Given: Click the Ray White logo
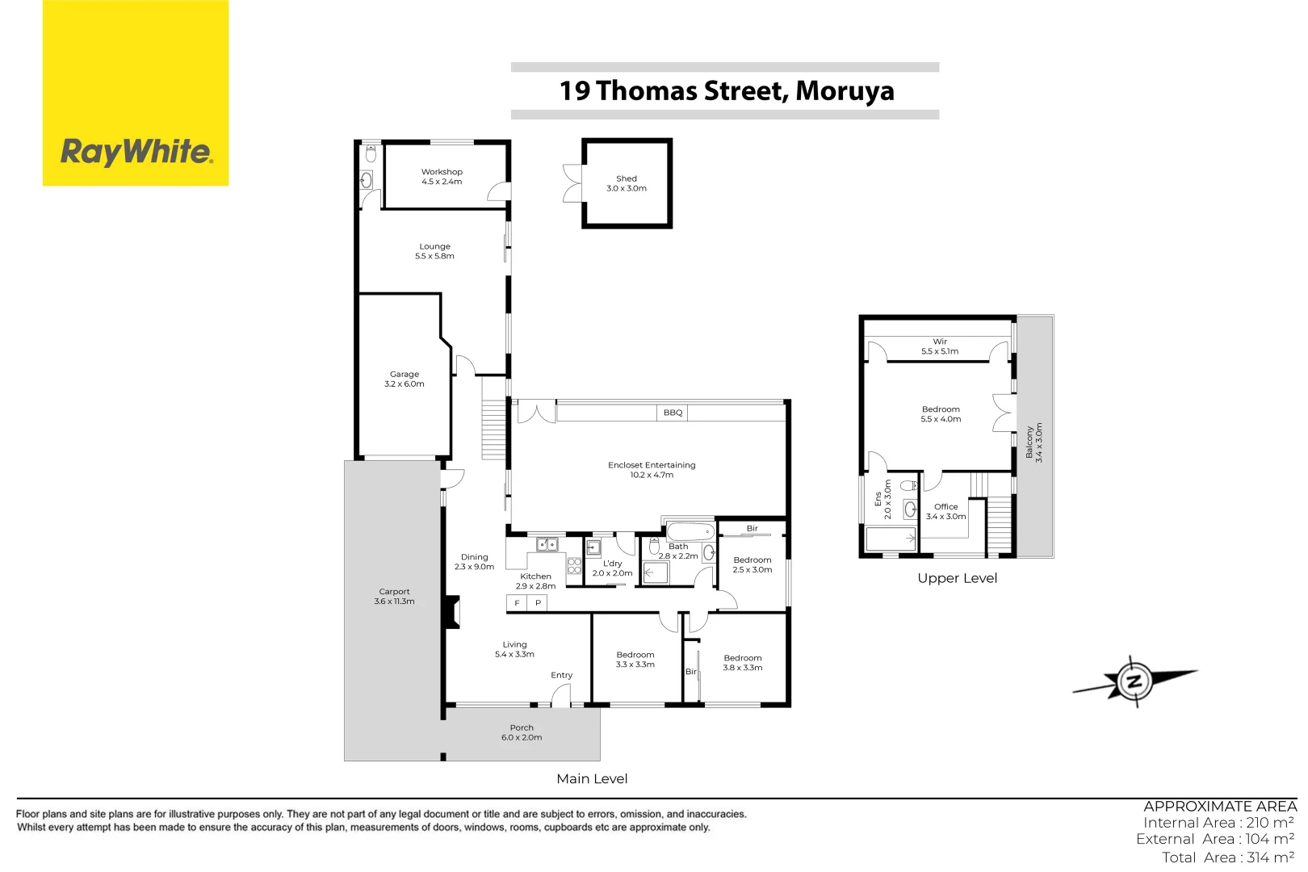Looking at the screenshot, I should click(136, 152).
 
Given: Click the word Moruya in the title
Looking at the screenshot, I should click(845, 91).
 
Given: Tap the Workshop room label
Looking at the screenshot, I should click(442, 176).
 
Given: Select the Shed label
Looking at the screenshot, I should click(627, 183).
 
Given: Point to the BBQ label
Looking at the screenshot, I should click(673, 413).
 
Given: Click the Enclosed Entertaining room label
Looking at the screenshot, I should click(652, 469).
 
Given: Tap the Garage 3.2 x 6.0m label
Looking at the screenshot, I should click(405, 379).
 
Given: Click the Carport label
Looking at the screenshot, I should click(394, 596).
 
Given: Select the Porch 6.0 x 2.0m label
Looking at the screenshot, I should click(522, 732).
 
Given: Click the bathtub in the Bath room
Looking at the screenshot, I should click(690, 531).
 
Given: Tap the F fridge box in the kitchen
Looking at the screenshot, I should click(517, 603).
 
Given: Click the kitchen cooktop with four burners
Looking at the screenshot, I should click(574, 565).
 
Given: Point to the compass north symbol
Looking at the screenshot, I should click(1134, 681).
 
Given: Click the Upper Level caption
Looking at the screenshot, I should click(957, 578).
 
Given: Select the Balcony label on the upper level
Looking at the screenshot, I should click(1034, 442).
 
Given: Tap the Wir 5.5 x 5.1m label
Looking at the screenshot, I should click(940, 346).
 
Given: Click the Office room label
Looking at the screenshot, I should click(945, 511).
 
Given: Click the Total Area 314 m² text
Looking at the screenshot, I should click(1227, 857).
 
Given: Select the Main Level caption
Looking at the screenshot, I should click(592, 778).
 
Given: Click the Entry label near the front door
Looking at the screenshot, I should click(561, 675).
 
